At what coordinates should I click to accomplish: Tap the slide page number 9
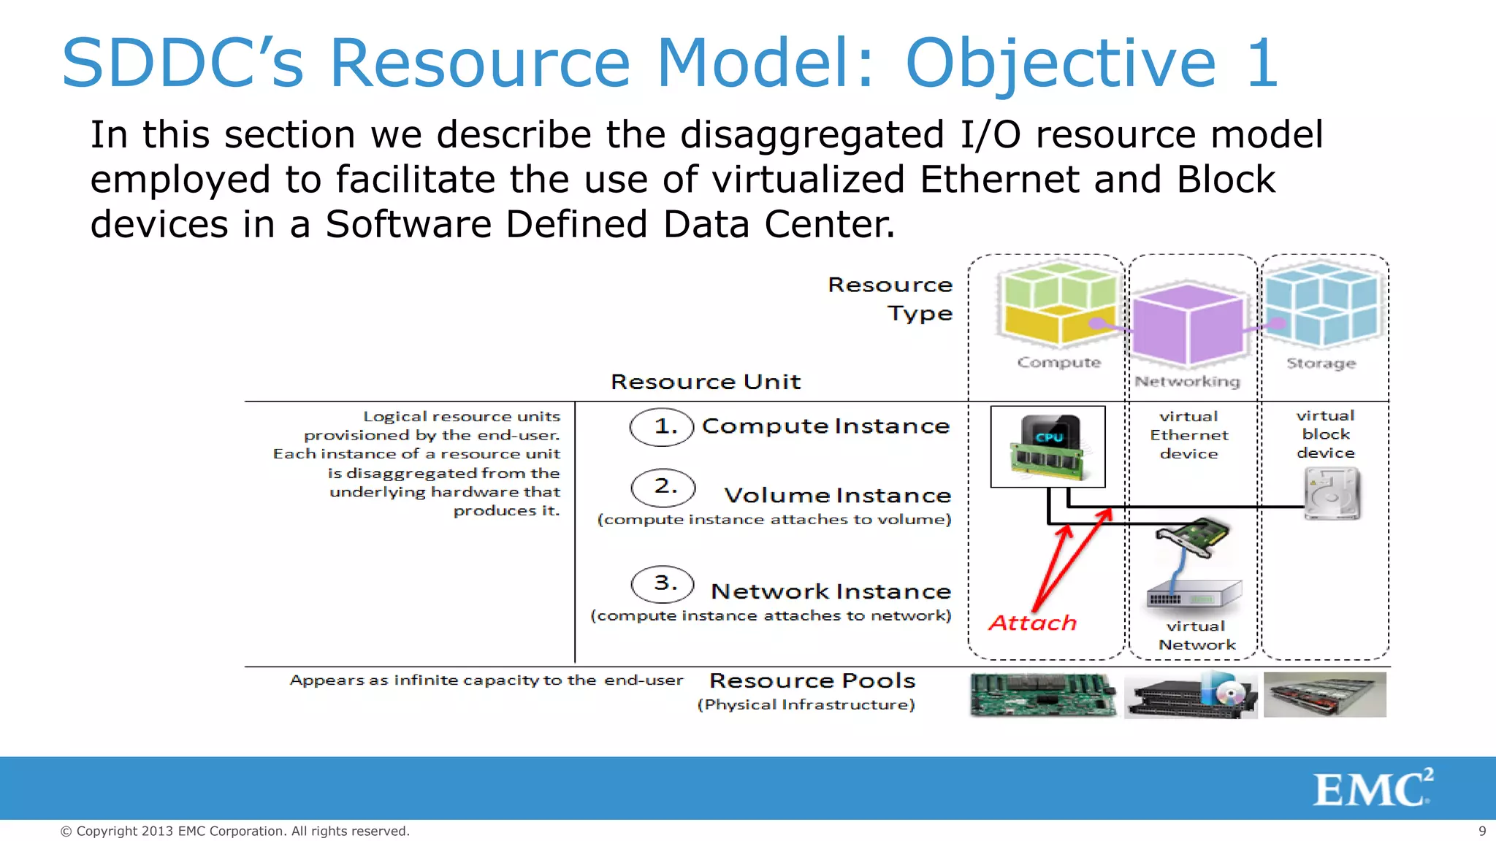(x=1482, y=831)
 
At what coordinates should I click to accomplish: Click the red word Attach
(x=1033, y=623)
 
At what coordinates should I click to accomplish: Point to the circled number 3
(x=663, y=584)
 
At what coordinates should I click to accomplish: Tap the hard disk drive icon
(x=1332, y=494)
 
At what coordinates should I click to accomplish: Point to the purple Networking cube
(x=1188, y=324)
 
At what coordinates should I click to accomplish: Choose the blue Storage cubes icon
(x=1321, y=305)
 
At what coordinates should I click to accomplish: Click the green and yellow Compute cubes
(x=1059, y=305)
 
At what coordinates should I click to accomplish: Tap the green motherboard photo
(x=1042, y=695)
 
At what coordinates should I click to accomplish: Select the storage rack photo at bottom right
(x=1324, y=695)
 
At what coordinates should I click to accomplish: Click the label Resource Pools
(x=812, y=680)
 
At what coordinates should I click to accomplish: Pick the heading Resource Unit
(x=706, y=382)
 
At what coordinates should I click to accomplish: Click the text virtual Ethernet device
(x=1189, y=435)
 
